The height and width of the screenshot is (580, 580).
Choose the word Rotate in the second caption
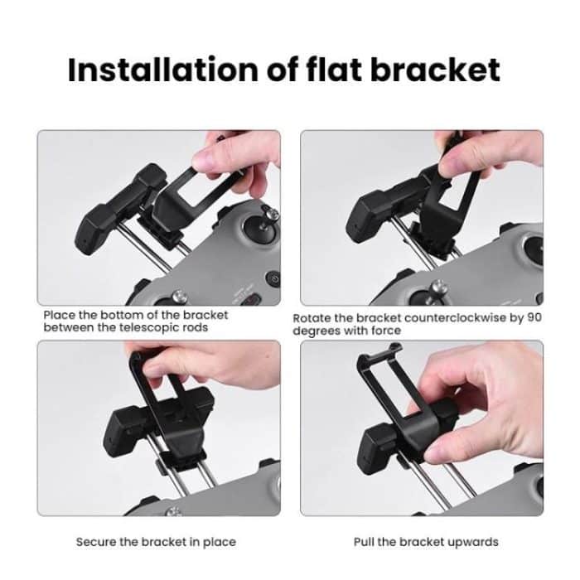click(311, 318)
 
